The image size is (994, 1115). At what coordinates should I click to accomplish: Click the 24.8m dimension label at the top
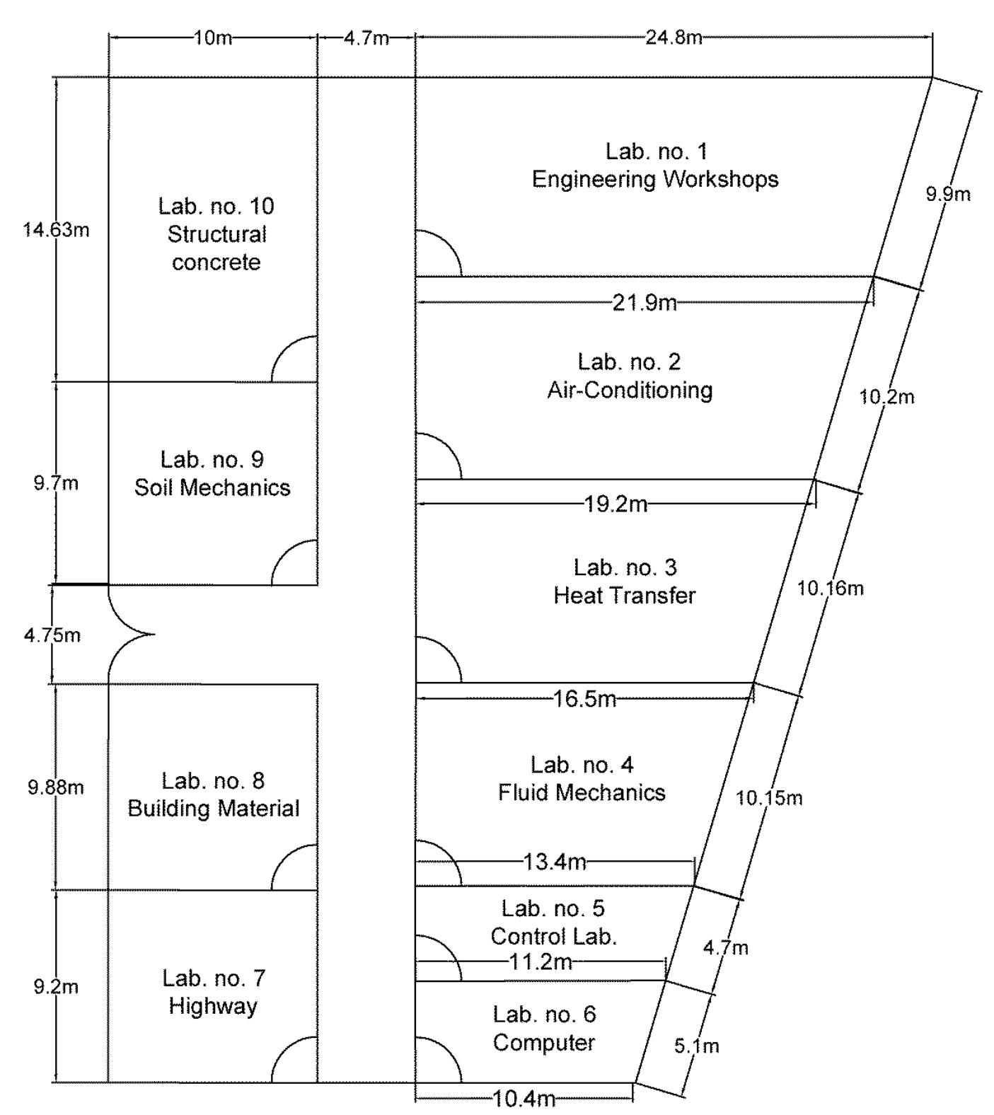[673, 37]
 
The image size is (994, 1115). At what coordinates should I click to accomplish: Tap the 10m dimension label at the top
[212, 37]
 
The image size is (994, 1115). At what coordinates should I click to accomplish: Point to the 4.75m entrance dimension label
[52, 635]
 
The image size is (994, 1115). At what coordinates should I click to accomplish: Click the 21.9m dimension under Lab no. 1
[645, 304]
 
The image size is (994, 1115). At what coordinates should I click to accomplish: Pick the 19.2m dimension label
[616, 504]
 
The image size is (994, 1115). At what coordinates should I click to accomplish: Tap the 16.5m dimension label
[584, 700]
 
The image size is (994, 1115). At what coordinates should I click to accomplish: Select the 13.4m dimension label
[555, 862]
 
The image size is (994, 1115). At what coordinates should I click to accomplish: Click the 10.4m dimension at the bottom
[524, 1099]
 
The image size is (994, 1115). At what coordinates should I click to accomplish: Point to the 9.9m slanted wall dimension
[948, 194]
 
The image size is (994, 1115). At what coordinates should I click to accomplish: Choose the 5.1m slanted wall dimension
[697, 1046]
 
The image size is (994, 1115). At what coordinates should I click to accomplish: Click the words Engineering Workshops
[655, 179]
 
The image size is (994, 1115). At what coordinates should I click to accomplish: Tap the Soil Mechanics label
[212, 487]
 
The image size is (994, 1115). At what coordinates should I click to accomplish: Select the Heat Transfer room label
[625, 596]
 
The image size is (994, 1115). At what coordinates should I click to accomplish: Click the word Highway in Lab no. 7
[213, 1006]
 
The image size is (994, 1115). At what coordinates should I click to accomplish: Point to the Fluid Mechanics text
[582, 792]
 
